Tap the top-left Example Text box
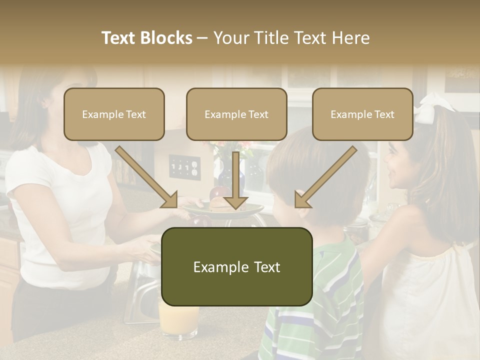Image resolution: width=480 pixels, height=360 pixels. [114, 114]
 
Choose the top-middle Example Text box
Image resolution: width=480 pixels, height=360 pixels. [236, 114]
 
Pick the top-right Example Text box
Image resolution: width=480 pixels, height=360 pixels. [362, 114]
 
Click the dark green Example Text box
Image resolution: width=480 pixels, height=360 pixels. [236, 267]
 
